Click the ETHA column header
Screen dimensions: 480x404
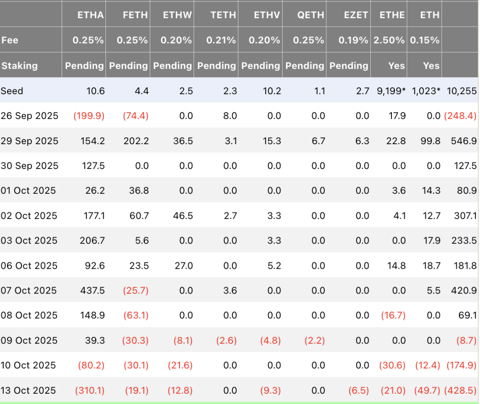point(90,15)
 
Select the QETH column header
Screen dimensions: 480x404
point(310,15)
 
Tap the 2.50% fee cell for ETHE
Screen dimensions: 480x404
point(389,40)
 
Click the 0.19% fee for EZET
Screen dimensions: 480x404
point(353,40)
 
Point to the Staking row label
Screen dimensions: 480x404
point(20,66)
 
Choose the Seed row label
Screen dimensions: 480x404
point(12,91)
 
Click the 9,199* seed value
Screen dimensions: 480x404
point(391,91)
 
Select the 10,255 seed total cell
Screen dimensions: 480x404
point(462,91)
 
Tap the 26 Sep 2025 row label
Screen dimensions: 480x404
point(30,116)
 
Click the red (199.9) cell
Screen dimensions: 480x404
point(89,116)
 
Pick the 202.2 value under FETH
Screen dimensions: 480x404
point(136,141)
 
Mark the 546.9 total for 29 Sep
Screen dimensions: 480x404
point(464,141)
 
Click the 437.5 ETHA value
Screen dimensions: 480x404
point(92,290)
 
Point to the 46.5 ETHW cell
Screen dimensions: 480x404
point(183,216)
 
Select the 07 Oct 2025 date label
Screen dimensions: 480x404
point(29,290)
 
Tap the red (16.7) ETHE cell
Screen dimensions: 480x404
point(393,316)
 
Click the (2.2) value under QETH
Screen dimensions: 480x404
point(315,340)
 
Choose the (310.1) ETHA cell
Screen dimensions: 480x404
point(90,390)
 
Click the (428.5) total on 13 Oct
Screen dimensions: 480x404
point(460,390)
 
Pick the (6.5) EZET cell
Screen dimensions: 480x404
point(359,390)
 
